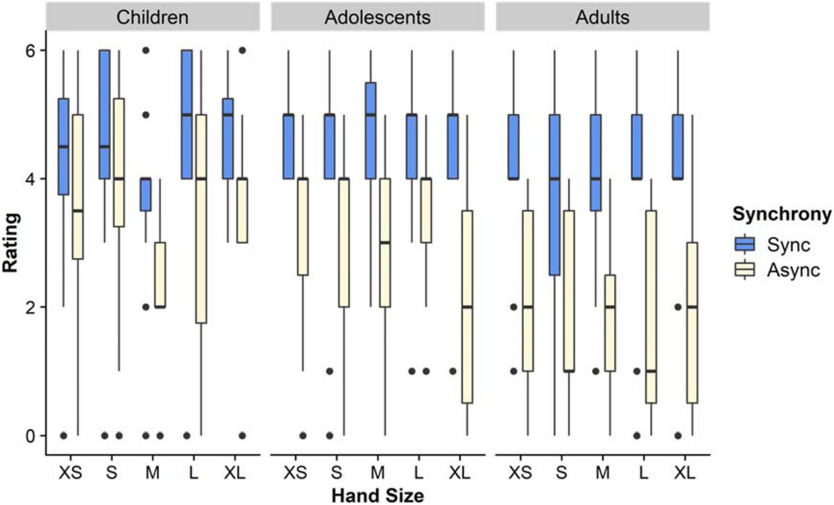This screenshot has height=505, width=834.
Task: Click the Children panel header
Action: coord(152,17)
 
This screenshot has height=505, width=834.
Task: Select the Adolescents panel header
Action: coord(377,17)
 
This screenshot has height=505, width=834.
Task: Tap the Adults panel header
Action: coord(602,17)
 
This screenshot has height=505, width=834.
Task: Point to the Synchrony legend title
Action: coord(781,214)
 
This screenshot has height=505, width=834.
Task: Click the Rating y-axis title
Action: coord(10,243)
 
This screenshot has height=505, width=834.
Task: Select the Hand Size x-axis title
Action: coord(377,495)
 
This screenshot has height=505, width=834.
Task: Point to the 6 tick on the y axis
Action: coord(30,50)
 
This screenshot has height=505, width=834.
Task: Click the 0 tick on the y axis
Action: coord(30,436)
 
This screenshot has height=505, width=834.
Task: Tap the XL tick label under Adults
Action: coord(684,472)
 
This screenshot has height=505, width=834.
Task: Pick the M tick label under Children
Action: coord(152,472)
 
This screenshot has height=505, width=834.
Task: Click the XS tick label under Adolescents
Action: coord(295,472)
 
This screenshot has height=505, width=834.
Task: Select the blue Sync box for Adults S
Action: coord(554,195)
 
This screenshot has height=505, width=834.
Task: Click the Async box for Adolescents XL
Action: coord(467,307)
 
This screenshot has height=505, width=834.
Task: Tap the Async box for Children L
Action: coord(201,219)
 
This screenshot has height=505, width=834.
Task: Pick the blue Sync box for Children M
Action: coord(146,194)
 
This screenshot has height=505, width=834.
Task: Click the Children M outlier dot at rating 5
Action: coord(146,114)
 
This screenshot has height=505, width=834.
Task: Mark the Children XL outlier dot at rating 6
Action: coord(242,50)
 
